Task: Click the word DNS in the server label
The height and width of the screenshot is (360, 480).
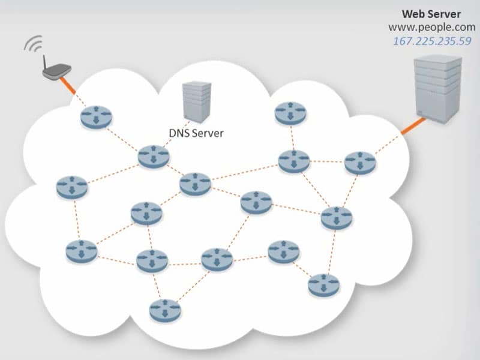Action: coord(179,133)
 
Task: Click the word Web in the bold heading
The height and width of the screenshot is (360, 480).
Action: coord(414,14)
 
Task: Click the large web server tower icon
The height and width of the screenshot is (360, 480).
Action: coord(439,89)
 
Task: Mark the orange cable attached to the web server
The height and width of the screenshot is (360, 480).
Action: coord(410,128)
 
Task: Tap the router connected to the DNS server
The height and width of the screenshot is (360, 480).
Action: coord(154,156)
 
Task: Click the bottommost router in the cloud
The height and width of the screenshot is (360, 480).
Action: coord(165,308)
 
